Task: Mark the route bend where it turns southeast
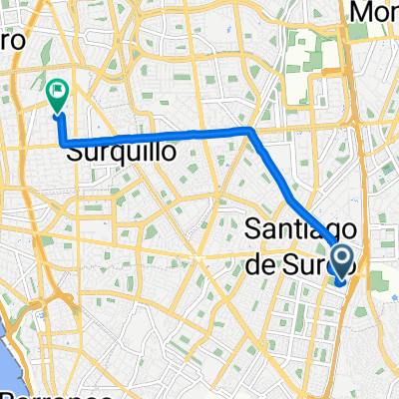249,130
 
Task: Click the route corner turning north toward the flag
64,146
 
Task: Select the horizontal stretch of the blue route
160,138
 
